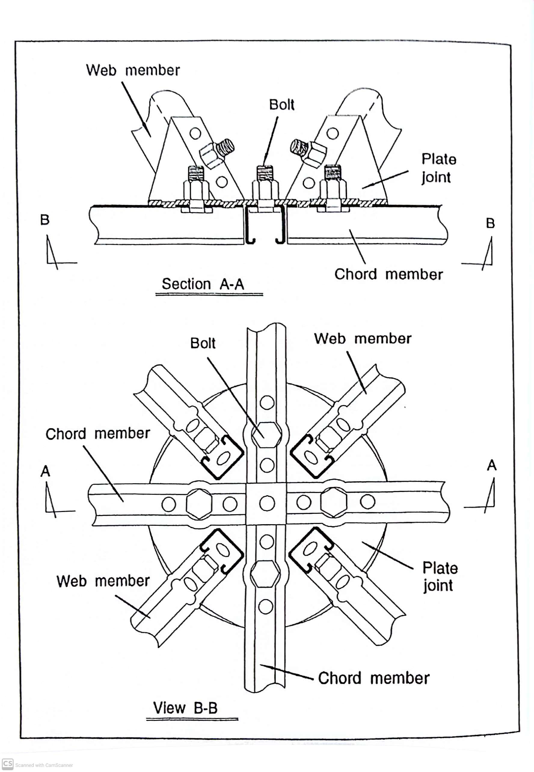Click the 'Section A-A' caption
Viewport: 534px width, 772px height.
point(203,284)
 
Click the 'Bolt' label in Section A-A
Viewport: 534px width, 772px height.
point(281,105)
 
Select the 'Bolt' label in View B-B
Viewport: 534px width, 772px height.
point(203,343)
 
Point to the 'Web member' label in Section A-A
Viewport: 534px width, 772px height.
point(133,70)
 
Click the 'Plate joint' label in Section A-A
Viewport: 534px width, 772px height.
point(438,168)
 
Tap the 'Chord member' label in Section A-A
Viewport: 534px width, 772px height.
point(388,274)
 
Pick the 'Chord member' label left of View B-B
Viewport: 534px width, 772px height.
point(97,434)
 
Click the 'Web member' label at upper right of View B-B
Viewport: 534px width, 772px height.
point(362,339)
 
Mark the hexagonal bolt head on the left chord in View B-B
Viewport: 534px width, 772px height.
point(199,503)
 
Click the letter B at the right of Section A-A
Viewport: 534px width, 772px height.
point(490,223)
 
